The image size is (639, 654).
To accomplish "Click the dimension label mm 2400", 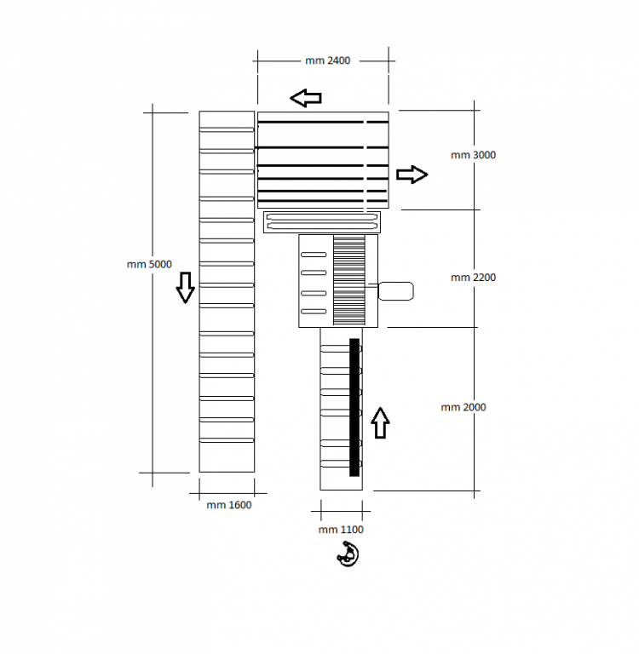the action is (x=328, y=60).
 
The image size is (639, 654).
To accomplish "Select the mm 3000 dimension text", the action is (x=474, y=155).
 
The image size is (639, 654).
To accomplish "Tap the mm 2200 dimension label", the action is (x=474, y=278).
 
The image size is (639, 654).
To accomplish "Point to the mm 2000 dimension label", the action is (x=463, y=407).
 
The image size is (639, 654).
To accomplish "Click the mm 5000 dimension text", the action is (x=149, y=265).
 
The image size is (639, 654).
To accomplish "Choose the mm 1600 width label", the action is (x=229, y=505).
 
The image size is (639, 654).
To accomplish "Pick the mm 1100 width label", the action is (x=341, y=530).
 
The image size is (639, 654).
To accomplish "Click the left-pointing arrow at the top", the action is (x=306, y=98).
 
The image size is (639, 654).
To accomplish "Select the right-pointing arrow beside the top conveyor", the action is (x=412, y=175).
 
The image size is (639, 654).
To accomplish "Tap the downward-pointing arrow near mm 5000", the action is (x=186, y=287).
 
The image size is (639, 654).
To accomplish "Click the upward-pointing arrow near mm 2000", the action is (x=380, y=423).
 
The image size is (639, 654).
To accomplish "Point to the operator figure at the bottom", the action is (x=348, y=554).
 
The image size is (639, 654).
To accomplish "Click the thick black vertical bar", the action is (x=354, y=407).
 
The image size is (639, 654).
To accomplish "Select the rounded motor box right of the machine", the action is (x=395, y=291).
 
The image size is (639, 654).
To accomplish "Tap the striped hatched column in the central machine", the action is (x=349, y=280).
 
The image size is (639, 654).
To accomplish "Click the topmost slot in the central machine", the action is (x=314, y=255).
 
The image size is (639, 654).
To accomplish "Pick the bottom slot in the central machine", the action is (x=314, y=311).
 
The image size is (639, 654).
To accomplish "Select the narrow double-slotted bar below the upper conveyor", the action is (x=322, y=222).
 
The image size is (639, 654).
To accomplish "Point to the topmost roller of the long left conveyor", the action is (x=227, y=129).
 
